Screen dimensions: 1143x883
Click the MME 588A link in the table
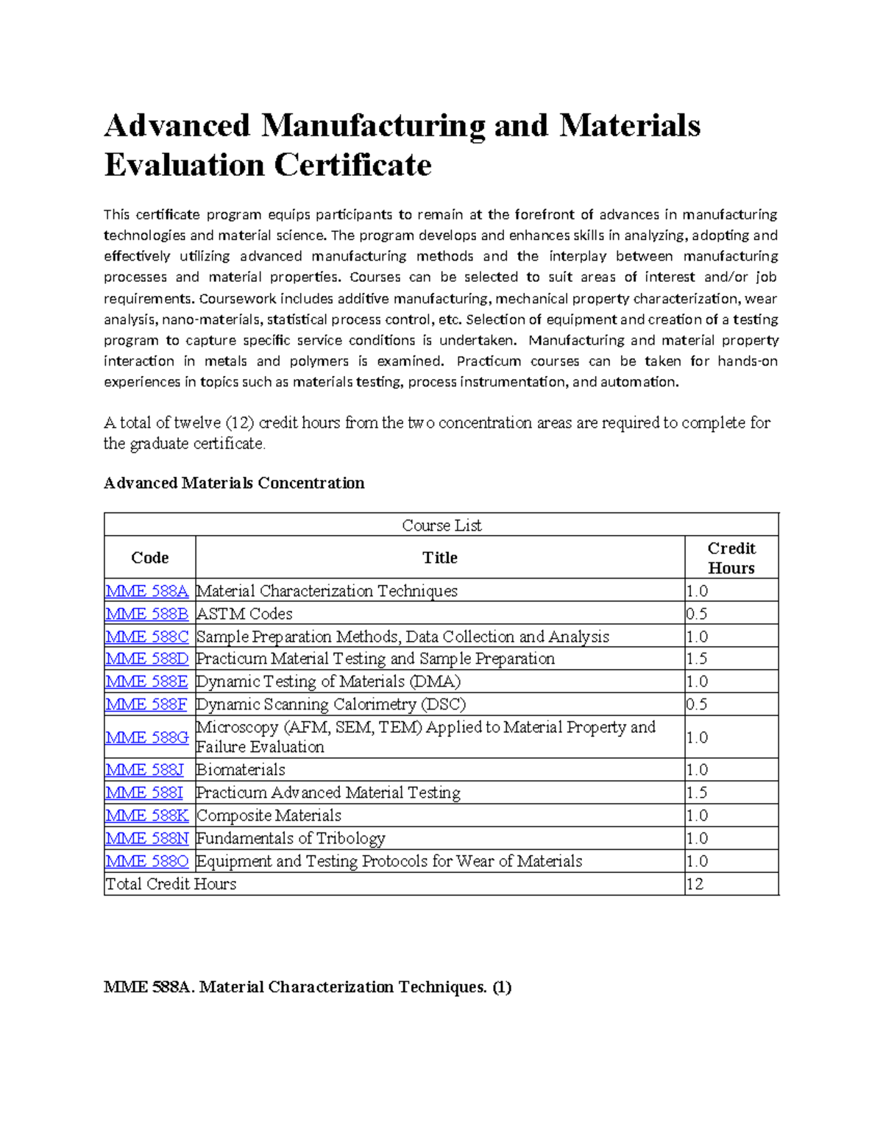(147, 591)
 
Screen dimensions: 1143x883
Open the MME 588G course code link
(147, 737)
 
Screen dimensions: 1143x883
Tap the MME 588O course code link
(147, 861)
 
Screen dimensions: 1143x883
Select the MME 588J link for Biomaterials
(144, 770)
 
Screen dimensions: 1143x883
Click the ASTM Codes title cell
(244, 614)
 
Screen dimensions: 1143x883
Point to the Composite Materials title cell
(269, 815)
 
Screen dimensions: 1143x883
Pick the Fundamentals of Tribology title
(291, 838)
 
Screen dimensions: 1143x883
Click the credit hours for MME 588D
(697, 659)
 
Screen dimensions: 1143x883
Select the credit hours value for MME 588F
(697, 704)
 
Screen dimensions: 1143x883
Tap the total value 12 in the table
(695, 884)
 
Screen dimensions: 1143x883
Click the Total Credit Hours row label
(171, 884)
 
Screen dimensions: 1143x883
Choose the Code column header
(150, 558)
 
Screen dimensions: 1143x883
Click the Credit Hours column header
(731, 558)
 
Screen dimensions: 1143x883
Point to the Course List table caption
(441, 526)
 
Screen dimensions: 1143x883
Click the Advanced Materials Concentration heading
(234, 483)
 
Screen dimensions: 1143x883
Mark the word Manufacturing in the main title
(372, 125)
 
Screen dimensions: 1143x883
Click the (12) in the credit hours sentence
(240, 423)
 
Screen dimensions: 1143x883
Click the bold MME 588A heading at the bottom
(307, 987)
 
